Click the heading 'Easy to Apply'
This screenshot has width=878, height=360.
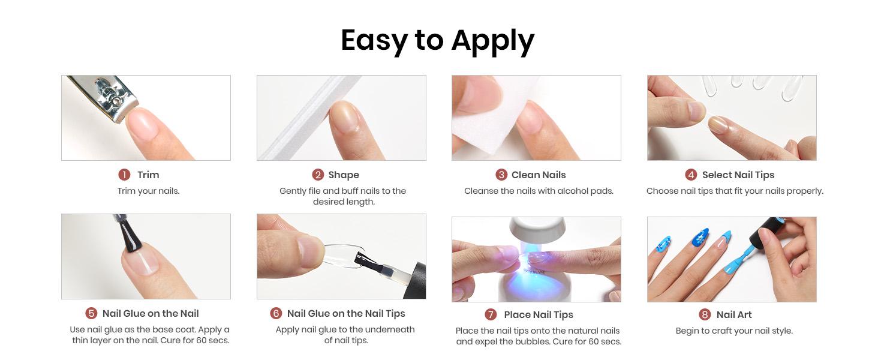tap(437, 41)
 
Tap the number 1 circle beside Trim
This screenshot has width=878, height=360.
tap(124, 175)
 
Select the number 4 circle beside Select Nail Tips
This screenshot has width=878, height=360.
tap(691, 175)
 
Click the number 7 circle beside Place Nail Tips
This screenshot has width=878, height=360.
tap(491, 314)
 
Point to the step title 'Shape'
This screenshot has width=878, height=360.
tap(344, 175)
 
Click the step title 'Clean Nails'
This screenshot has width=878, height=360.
tap(538, 175)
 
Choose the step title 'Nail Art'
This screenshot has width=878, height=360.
tap(733, 314)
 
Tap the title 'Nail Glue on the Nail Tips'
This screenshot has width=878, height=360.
tap(346, 313)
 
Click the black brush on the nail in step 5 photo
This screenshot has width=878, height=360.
tap(130, 236)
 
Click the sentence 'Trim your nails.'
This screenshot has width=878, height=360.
tap(148, 191)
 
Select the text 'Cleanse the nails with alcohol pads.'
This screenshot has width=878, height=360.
tap(538, 191)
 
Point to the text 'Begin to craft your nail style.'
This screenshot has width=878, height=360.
tap(733, 331)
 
